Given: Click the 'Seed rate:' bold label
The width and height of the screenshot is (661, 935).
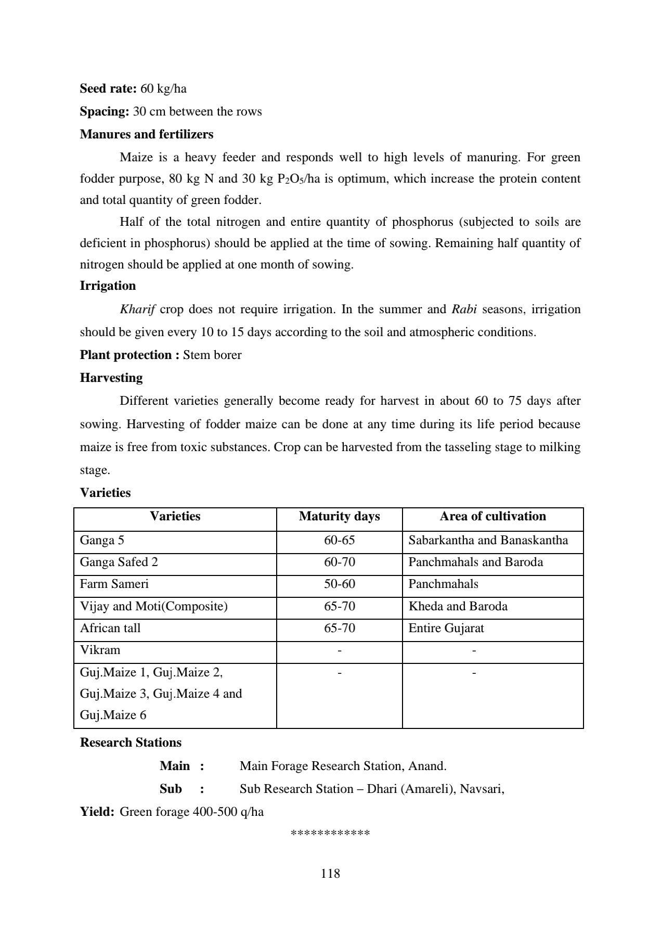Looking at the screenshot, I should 108,88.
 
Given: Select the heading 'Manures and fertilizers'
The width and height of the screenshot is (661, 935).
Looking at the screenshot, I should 146,134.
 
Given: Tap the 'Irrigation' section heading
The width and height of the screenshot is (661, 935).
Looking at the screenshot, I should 108,286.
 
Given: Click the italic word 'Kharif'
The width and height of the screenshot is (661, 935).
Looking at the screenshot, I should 137,309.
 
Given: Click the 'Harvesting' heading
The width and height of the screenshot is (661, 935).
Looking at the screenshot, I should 111,378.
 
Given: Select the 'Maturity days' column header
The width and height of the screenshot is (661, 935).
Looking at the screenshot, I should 339,516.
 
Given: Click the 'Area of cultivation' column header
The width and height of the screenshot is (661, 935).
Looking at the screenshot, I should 492,516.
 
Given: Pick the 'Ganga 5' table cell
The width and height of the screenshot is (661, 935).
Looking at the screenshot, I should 102,540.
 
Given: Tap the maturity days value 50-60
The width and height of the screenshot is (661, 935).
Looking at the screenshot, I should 339,584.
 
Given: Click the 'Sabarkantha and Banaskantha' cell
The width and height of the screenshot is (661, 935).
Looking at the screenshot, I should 488,540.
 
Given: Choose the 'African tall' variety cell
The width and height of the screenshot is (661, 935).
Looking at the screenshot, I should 110,628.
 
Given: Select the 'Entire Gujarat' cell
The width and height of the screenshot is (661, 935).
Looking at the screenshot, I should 446,628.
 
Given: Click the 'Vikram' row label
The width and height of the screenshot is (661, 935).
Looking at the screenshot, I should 100,650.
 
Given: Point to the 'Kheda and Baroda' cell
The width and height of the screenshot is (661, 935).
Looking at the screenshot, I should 458,606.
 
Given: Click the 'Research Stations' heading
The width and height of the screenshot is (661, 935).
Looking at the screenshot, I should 131,742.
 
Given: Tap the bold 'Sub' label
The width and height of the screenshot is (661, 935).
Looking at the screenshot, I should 171,789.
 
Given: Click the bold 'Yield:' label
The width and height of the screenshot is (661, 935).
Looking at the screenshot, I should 97,812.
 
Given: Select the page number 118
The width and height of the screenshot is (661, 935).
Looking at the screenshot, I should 330,873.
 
